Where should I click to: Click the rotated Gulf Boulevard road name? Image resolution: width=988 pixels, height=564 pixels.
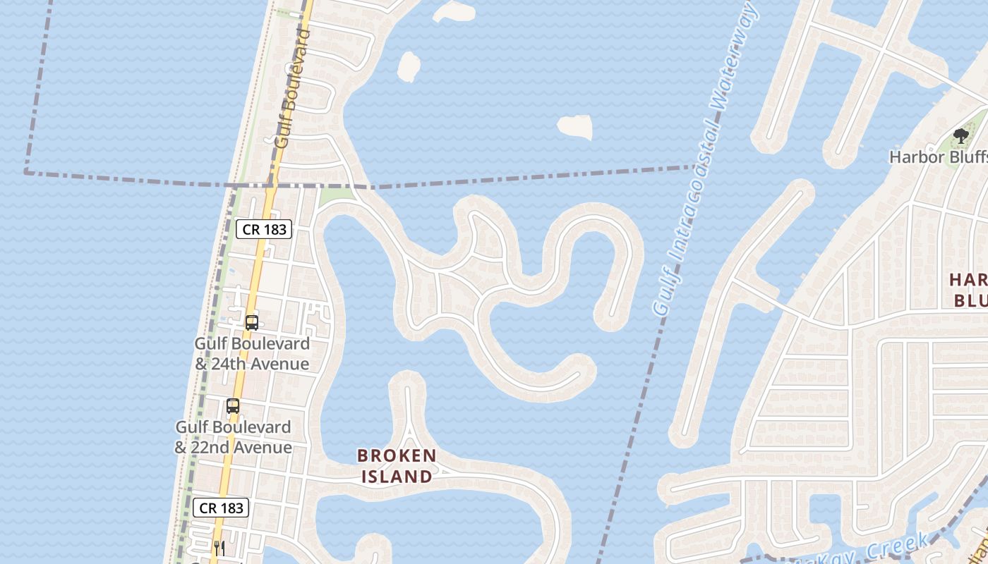point(292,87)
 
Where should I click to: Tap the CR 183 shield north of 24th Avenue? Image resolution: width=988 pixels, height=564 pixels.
point(264,229)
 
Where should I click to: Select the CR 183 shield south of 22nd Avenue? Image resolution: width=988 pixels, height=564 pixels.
point(221,508)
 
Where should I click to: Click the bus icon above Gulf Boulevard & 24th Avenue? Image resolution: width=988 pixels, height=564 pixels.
point(252,323)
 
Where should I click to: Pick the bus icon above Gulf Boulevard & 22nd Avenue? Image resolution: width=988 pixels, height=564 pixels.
point(233,406)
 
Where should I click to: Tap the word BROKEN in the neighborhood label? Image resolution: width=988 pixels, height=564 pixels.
point(397,455)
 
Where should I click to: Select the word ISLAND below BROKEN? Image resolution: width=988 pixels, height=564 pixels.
point(397,477)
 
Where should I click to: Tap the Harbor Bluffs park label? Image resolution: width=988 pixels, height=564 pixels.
point(937,157)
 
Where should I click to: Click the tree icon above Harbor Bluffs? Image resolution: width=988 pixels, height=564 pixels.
point(960,136)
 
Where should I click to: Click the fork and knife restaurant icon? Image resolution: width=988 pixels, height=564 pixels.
point(219,548)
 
